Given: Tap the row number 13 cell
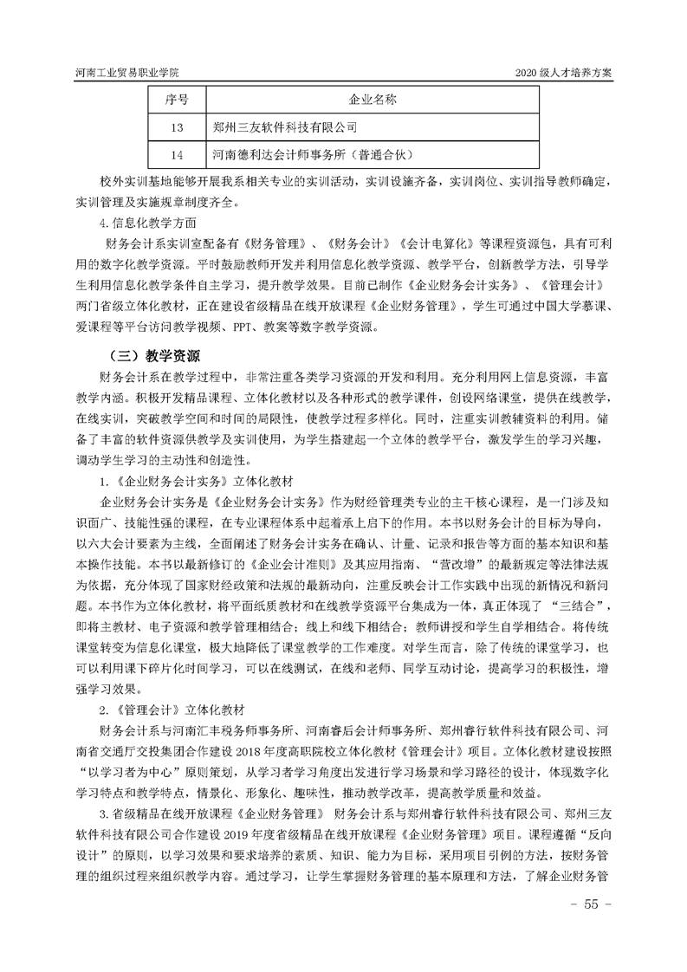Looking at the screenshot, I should (x=178, y=127).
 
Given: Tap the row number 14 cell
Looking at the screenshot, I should (x=178, y=155).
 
